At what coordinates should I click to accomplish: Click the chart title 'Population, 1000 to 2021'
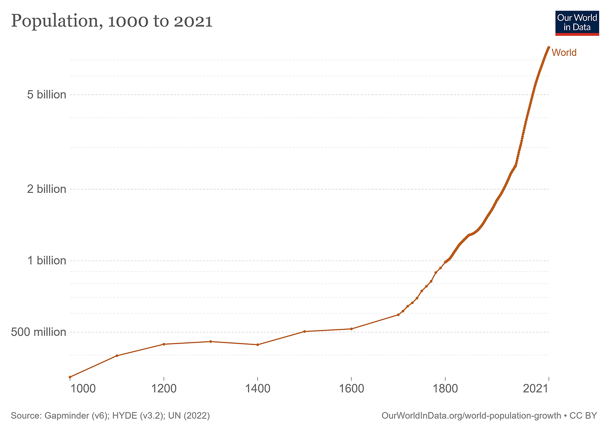pos(112,21)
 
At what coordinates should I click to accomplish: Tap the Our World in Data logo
pos(577,22)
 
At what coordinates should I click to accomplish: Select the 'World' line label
pos(564,53)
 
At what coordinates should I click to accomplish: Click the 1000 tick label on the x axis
pos(83,389)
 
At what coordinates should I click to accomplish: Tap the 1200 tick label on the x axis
pos(163,389)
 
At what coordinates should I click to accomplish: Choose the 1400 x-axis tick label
pos(257,389)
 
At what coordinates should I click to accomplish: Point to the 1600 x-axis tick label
pos(351,389)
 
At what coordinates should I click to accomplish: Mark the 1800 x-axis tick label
pos(445,389)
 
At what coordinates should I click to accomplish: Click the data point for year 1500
pos(305,331)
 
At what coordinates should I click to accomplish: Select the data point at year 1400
pos(257,345)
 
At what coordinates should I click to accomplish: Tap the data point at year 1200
pos(163,344)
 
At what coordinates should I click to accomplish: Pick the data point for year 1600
pos(351,329)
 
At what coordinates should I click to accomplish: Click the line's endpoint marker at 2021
pos(549,48)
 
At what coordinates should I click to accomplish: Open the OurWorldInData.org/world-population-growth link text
pos(471,416)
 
